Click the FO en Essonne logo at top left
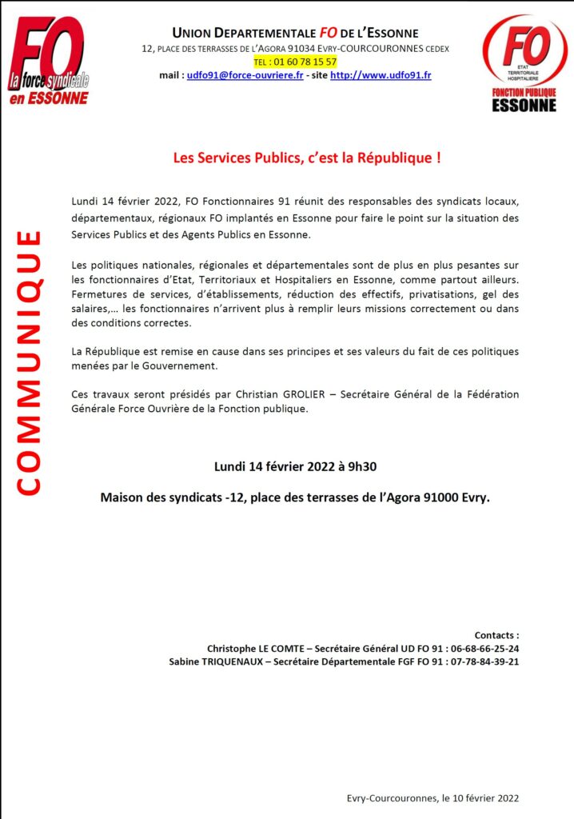[49, 61]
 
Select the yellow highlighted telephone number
[295, 62]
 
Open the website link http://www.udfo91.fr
[381, 75]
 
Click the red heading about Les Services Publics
[307, 158]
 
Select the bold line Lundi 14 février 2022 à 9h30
[295, 466]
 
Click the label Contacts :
[496, 635]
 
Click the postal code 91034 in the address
[292, 49]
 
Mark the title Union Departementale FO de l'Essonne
[295, 33]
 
